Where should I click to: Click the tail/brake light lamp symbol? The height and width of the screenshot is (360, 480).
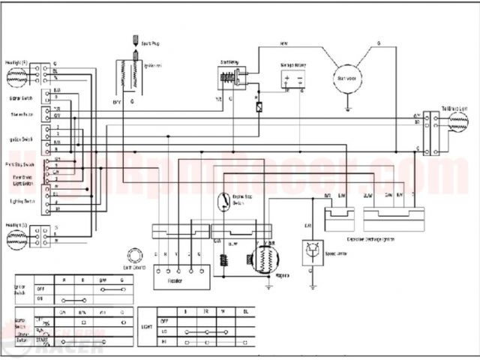tap(458, 124)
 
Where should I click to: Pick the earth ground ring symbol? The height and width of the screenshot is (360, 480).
tap(136, 255)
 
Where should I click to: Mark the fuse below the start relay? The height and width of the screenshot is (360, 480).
tap(259, 106)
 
